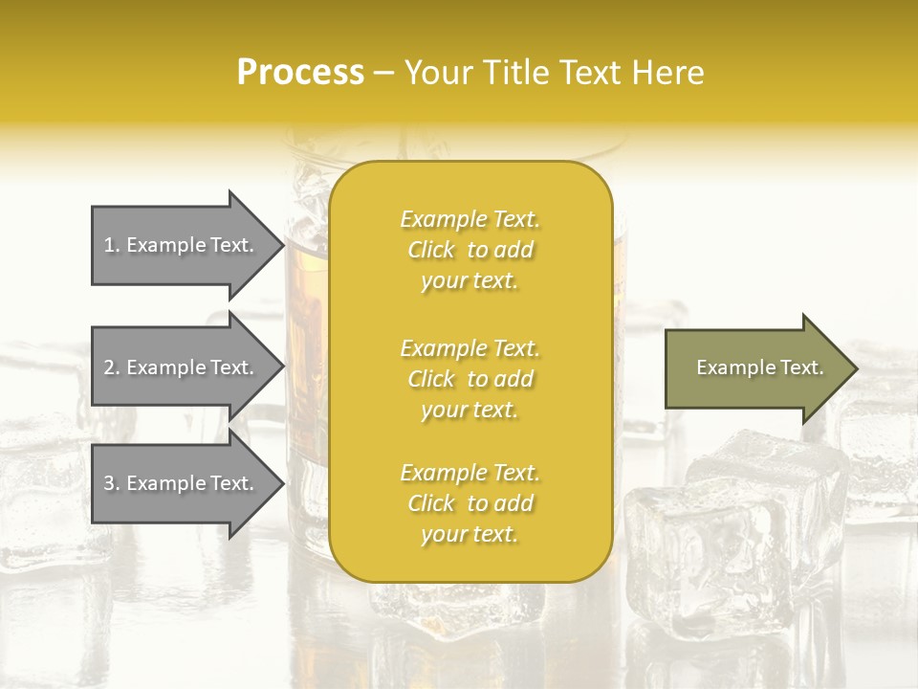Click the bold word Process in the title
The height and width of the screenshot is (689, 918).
(x=300, y=73)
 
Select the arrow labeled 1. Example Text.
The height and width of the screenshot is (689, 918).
(x=182, y=245)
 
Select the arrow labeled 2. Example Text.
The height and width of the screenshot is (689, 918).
(x=182, y=367)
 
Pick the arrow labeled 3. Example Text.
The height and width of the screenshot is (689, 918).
(x=182, y=483)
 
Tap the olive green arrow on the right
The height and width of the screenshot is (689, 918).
(x=755, y=367)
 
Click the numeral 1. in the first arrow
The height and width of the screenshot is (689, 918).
(x=112, y=245)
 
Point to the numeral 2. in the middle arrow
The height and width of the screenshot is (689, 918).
(x=112, y=367)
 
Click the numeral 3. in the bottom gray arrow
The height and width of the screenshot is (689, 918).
(x=112, y=483)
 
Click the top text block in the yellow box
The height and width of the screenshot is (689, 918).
(x=470, y=250)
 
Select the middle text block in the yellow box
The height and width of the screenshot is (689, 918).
(x=470, y=379)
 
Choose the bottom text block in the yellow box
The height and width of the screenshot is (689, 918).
(x=470, y=503)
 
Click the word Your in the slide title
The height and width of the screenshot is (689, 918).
(x=435, y=73)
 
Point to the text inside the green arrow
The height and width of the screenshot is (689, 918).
(x=759, y=367)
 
